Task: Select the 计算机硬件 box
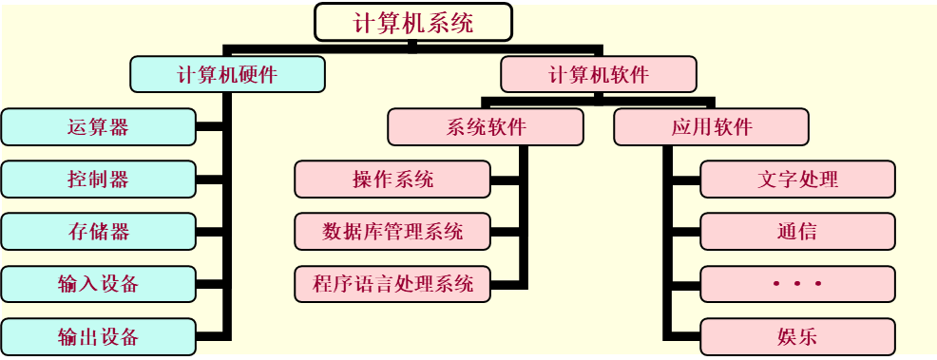[227, 75]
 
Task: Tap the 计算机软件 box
[598, 75]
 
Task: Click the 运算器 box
[99, 127]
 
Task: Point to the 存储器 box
[99, 232]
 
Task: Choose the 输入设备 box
[99, 284]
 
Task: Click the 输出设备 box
[99, 336]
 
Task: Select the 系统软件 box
[486, 127]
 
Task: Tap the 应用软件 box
[711, 127]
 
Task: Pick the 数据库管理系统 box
[392, 232]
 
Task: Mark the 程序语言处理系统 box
[392, 284]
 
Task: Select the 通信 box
[797, 232]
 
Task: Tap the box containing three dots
[797, 284]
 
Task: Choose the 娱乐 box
[797, 336]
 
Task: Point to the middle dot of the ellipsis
[797, 284]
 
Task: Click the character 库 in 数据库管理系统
[372, 232]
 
